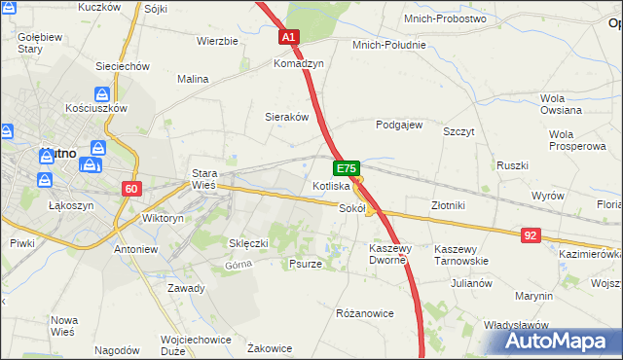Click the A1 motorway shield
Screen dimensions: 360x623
(x=289, y=37)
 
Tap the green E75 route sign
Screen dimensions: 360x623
(x=348, y=167)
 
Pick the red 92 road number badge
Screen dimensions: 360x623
(x=531, y=234)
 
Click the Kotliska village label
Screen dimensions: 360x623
(x=331, y=185)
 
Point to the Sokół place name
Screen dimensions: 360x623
(x=351, y=207)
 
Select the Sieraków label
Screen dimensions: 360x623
(x=287, y=117)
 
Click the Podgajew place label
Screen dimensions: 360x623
(x=399, y=125)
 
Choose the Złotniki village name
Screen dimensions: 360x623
(x=449, y=205)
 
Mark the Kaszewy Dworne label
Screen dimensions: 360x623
(x=393, y=255)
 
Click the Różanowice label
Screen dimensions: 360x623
(x=364, y=313)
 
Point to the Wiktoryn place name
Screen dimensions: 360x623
(x=163, y=219)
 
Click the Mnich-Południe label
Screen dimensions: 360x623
(x=389, y=45)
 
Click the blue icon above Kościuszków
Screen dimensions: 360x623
(x=101, y=94)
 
